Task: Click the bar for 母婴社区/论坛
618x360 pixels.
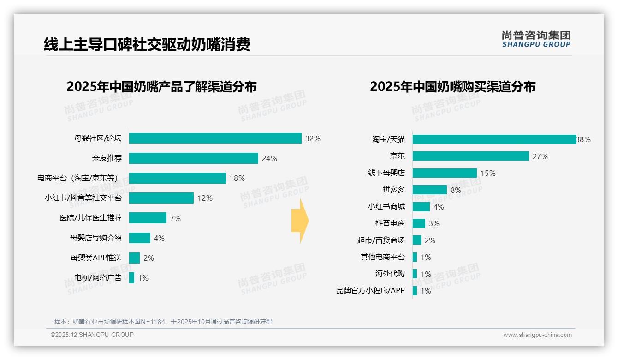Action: point(215,138)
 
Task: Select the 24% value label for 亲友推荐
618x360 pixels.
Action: point(269,159)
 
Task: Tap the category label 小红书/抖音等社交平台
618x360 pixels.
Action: point(83,198)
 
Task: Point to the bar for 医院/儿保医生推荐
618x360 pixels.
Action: point(148,218)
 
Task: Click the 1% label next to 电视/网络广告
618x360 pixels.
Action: point(143,278)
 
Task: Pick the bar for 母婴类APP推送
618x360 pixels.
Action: point(134,258)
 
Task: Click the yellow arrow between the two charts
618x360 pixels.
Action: point(300,221)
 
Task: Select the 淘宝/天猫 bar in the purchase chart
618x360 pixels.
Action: point(494,139)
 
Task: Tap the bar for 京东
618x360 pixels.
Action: point(470,156)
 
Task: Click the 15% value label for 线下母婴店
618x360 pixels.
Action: point(488,173)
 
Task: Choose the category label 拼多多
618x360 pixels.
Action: point(393,190)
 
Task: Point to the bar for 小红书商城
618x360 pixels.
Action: point(421,207)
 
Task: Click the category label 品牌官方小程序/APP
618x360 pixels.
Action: point(370,291)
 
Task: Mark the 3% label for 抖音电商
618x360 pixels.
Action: point(434,223)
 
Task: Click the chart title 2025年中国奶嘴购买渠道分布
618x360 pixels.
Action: point(452,87)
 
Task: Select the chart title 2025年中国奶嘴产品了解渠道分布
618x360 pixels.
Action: point(161,87)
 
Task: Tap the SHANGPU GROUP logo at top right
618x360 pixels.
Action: point(536,39)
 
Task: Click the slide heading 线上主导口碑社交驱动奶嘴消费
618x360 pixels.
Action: point(147,45)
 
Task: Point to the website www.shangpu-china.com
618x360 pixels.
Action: point(537,335)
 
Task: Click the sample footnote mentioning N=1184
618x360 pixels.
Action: point(163,322)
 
